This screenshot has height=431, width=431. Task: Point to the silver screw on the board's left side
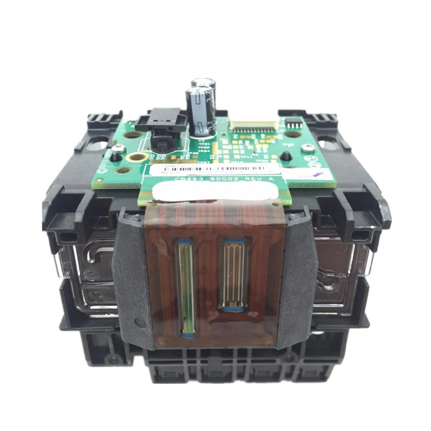119,149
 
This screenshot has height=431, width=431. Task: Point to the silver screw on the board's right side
307,148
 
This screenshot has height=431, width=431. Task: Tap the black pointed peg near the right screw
285,156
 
